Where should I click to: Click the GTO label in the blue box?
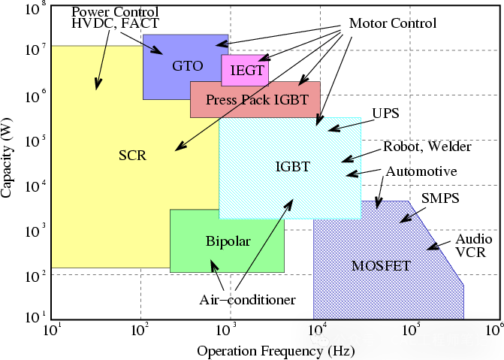pyautogui.click(x=188, y=65)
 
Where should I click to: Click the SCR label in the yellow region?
pyautogui.click(x=132, y=156)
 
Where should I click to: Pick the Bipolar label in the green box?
pyautogui.click(x=228, y=241)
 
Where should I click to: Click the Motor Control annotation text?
pyautogui.click(x=392, y=23)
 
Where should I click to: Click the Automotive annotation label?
pyautogui.click(x=421, y=172)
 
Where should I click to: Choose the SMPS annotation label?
pyautogui.click(x=440, y=198)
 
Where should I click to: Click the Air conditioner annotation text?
pyautogui.click(x=246, y=300)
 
